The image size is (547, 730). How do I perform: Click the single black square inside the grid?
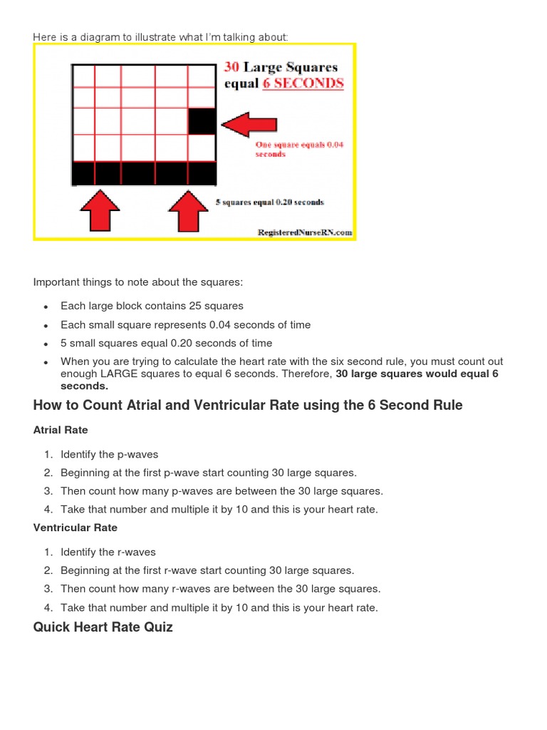(202, 121)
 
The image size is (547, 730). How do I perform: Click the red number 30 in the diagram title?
(231, 67)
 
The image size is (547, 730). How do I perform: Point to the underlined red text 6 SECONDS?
(304, 83)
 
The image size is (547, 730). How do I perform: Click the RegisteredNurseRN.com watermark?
(306, 232)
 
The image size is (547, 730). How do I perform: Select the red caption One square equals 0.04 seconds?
(299, 149)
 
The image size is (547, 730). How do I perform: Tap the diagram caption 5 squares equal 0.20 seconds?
(270, 202)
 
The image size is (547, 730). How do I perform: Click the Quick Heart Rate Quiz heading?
(103, 627)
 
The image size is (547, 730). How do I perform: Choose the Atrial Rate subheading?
(61, 430)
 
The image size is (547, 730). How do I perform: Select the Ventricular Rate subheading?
(75, 528)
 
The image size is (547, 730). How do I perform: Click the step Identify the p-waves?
(109, 454)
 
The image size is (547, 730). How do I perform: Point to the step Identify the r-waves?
(108, 552)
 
